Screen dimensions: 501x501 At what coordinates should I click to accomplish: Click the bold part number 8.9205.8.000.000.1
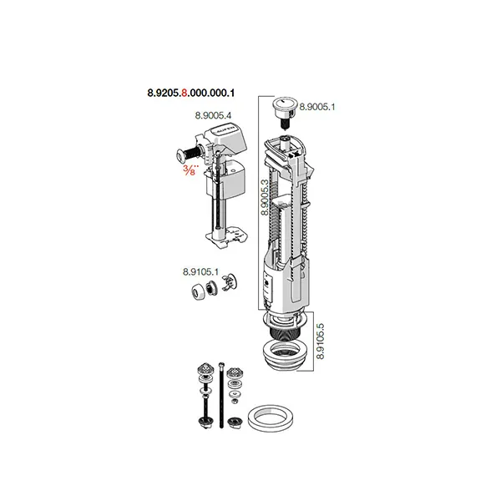190,93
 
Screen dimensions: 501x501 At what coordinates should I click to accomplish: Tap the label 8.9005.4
213,115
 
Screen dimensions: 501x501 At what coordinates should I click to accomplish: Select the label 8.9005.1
317,107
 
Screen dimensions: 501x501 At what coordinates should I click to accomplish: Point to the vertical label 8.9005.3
265,197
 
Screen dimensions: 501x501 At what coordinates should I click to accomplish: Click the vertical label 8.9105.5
320,342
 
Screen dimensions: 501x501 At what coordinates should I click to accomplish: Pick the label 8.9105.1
200,272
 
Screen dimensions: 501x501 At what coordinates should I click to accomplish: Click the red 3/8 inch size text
190,170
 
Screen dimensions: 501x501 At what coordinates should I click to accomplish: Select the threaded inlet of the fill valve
188,154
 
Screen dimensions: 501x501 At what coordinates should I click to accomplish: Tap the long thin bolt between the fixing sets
221,395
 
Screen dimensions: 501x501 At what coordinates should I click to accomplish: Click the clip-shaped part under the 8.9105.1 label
229,282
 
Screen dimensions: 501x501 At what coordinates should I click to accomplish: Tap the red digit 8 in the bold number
185,93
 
